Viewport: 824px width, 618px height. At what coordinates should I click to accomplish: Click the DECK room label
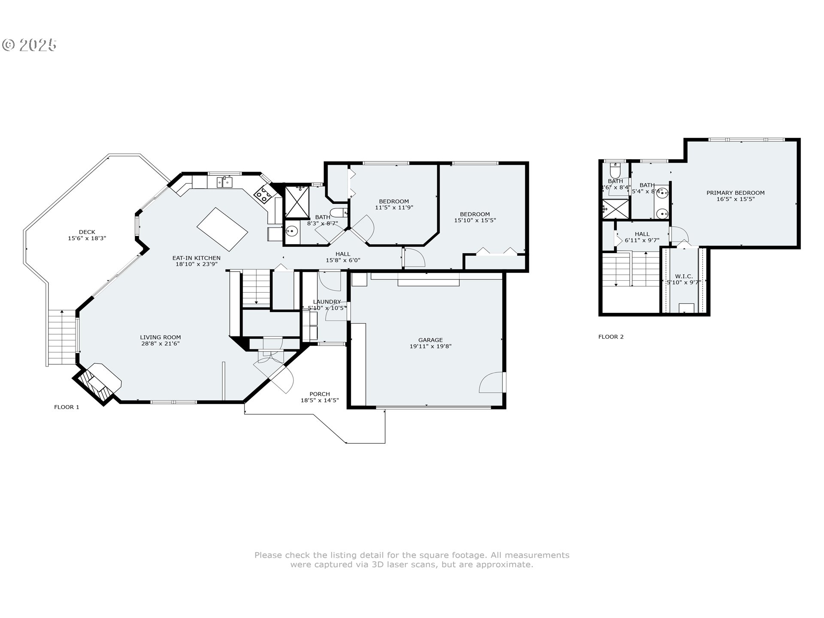coord(87,232)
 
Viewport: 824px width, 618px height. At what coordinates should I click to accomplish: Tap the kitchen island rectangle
coord(222,230)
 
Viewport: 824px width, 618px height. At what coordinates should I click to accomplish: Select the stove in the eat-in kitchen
coord(263,196)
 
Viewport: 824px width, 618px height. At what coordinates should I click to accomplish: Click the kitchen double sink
coord(224,182)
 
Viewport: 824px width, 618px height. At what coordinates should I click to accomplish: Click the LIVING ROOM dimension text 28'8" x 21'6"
coord(160,344)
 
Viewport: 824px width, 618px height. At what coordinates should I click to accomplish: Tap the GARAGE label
coord(430,340)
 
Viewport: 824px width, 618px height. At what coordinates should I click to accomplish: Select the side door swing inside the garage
coord(491,382)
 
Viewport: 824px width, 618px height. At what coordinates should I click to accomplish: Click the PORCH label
coord(320,394)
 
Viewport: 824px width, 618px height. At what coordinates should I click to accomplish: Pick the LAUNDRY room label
coord(327,302)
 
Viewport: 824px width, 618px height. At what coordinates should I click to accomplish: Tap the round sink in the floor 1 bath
coord(292,232)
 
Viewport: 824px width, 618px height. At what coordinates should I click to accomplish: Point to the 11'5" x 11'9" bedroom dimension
coord(394,208)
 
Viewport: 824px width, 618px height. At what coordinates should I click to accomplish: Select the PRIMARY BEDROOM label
coord(736,193)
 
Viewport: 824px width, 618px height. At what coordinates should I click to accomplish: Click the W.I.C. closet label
coord(684,276)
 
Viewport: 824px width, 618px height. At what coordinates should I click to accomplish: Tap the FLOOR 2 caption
coord(611,337)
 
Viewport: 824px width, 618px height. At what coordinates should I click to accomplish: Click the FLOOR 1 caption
coord(67,407)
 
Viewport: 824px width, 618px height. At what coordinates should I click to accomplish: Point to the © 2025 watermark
coord(30,45)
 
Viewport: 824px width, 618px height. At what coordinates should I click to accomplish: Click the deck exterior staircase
coord(63,337)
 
